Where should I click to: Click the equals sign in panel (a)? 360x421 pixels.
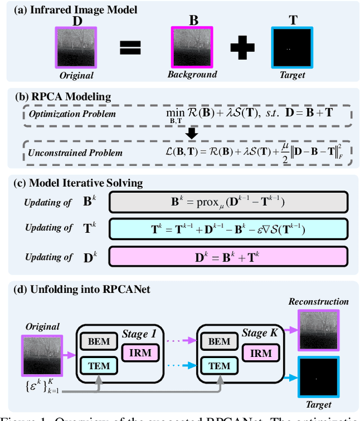coord(130,48)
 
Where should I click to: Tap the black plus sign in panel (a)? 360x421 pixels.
coord(242,48)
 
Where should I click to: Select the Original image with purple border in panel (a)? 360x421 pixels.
coord(75,48)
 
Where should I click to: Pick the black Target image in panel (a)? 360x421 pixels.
coord(291,48)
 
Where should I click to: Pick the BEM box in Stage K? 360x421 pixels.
coord(219,341)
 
